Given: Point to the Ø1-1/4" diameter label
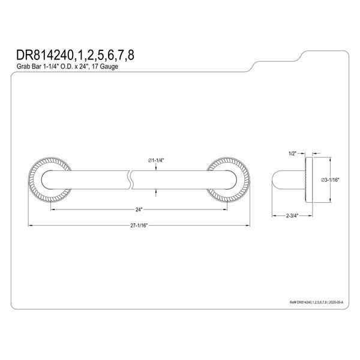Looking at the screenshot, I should (x=157, y=160).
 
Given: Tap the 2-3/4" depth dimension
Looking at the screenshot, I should (x=292, y=214).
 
